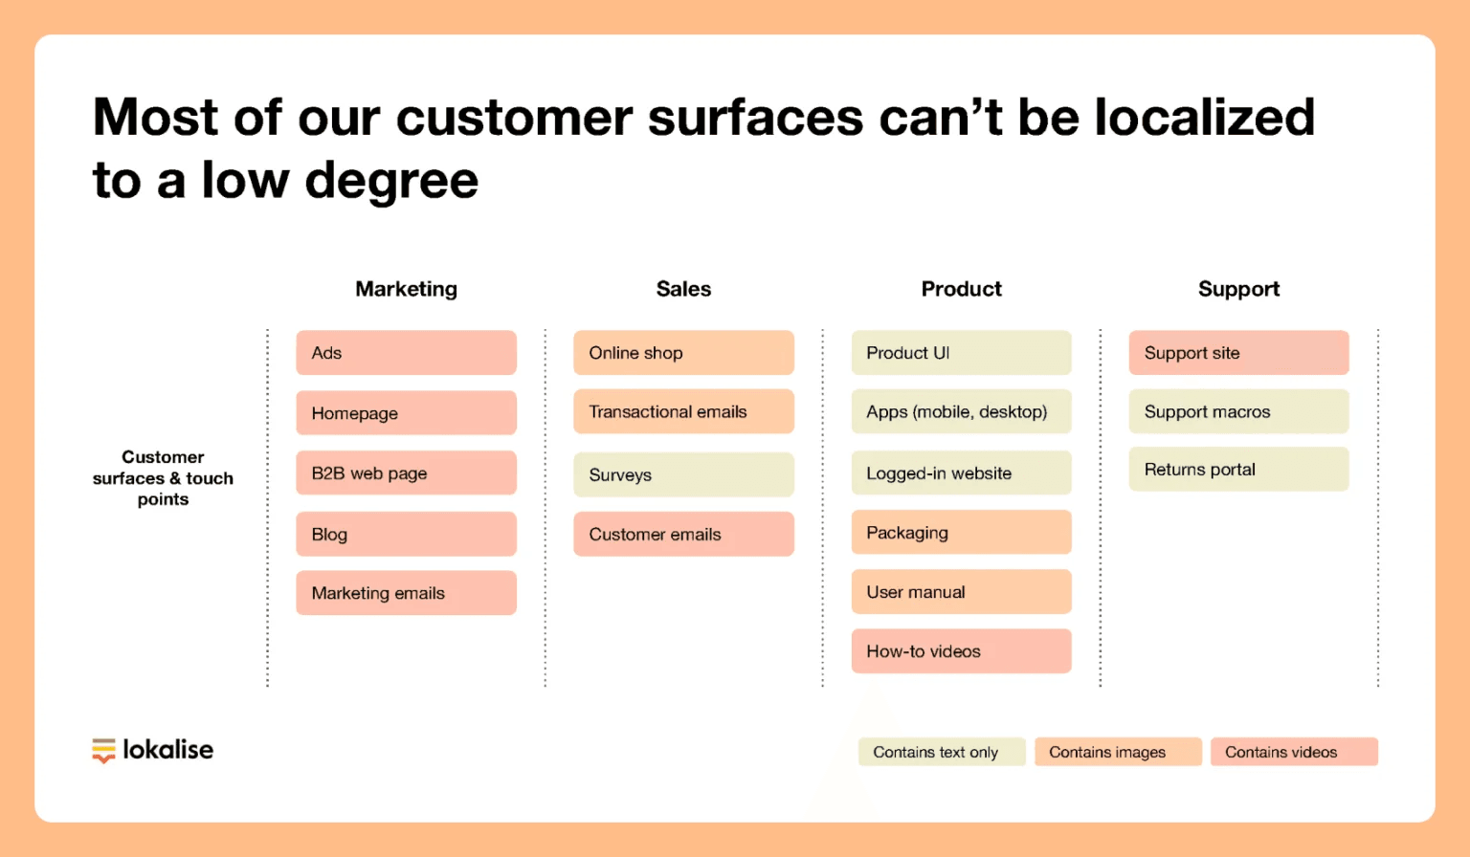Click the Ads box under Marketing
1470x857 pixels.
coord(406,353)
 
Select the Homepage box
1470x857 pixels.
coord(406,413)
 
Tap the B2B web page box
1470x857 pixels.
coord(406,472)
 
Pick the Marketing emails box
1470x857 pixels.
coord(406,593)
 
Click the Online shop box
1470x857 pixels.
coord(684,353)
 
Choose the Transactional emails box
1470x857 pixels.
coord(684,412)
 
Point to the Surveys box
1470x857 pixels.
coord(684,474)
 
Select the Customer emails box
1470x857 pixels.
coord(684,535)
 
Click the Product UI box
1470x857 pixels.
coord(962,353)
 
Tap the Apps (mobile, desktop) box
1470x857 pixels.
coord(962,412)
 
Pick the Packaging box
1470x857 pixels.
coord(962,533)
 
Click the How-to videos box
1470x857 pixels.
coord(962,651)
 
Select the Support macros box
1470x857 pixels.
coord(1239,412)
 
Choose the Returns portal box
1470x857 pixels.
coord(1239,470)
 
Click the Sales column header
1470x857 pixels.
coord(684,289)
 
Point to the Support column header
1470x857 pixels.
coord(1239,289)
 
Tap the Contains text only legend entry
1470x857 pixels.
coord(942,752)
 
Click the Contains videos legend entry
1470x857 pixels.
coord(1294,752)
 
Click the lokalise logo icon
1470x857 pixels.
coord(103,751)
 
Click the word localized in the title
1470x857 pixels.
coord(1205,118)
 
